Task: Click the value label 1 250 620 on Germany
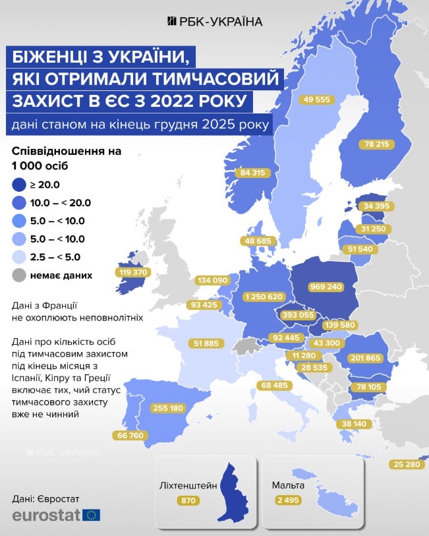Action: pos(264,297)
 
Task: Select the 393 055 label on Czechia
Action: pos(299,315)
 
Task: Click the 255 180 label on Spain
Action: pos(168,408)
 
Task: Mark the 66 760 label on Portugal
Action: pos(129,435)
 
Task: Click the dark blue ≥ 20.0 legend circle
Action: pos(19,184)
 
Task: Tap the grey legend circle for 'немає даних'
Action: pos(19,275)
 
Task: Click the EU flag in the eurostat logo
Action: pos(92,515)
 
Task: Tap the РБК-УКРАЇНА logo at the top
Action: pos(214,21)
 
